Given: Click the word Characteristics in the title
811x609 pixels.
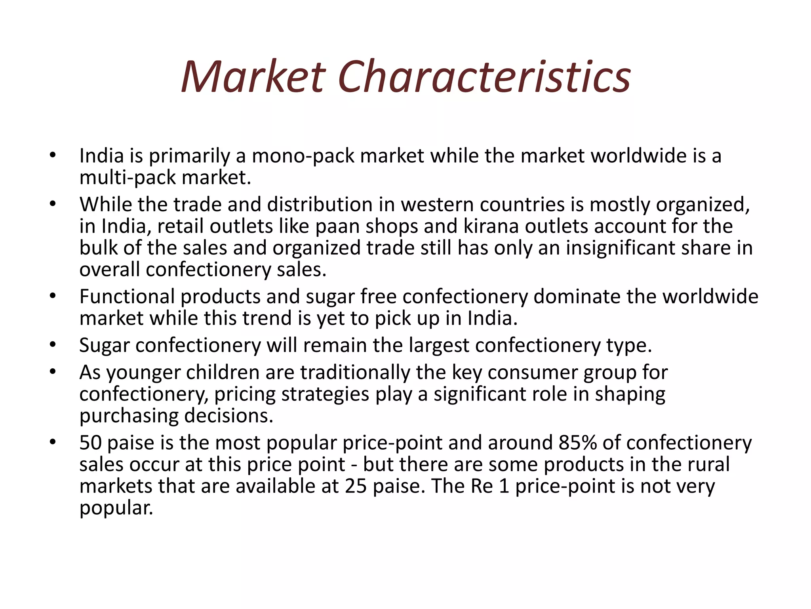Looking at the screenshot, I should point(484,77).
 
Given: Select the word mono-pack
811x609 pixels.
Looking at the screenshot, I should point(303,156).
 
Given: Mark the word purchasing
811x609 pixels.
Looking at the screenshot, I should point(129,416).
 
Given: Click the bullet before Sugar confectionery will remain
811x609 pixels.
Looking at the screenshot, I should point(53,345).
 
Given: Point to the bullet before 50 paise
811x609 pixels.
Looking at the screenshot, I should point(53,442).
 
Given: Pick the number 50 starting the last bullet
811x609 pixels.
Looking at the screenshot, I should point(90,443).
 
